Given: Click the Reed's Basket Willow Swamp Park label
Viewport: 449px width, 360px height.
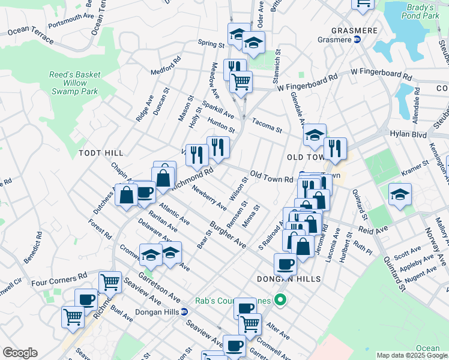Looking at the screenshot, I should coord(74,83).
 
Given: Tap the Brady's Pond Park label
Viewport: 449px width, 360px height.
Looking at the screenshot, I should coord(427,11).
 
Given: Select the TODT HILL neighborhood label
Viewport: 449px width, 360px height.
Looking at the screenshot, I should coord(101,154).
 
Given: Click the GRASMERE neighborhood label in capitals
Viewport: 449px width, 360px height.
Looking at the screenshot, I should coord(354,29).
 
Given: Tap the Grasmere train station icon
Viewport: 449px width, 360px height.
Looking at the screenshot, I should coord(357,39).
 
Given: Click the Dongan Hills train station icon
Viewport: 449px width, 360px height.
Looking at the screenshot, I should coord(184,311).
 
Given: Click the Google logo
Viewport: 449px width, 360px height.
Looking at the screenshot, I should coord(19,353).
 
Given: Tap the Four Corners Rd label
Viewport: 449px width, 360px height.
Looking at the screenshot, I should coord(59,279).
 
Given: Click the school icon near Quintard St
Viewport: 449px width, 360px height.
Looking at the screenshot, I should coord(400,194).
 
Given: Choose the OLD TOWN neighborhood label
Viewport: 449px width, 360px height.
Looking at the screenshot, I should coord(306,157).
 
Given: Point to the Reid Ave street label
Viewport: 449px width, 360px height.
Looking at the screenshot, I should coord(370,230).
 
